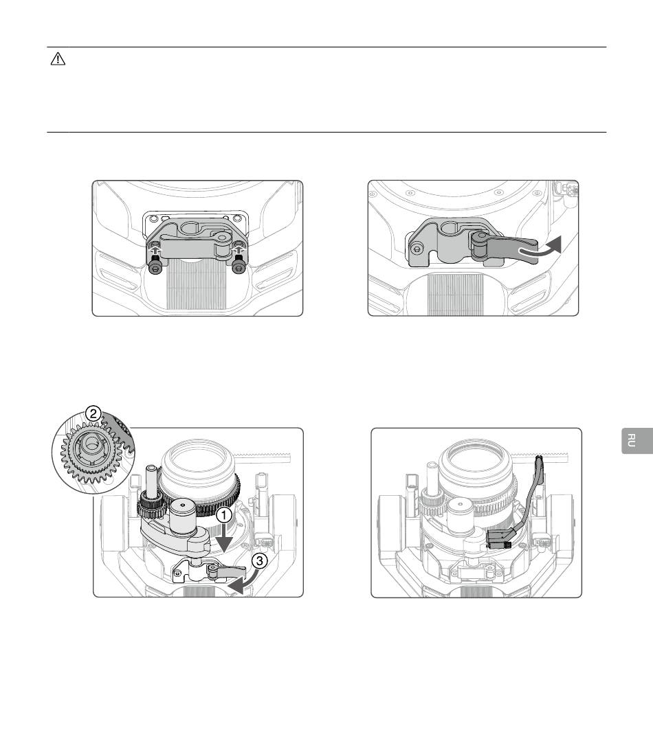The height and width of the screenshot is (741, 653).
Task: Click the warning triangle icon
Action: point(58,59)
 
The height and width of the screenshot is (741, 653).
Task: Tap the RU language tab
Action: point(637,440)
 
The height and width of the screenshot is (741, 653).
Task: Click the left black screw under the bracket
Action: point(155,264)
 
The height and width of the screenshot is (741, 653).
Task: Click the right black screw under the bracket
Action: point(239,264)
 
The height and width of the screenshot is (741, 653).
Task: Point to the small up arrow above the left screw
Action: point(155,246)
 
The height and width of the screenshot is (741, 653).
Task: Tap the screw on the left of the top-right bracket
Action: point(417,249)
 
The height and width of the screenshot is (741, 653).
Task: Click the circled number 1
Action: point(224,516)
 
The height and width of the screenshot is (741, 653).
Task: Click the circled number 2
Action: point(93,413)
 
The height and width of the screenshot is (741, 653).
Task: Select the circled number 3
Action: point(259,561)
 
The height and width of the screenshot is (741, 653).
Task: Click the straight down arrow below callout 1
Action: point(224,538)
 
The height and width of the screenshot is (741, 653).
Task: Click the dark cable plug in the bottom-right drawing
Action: point(498,538)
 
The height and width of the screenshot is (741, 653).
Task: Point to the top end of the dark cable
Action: point(539,458)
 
